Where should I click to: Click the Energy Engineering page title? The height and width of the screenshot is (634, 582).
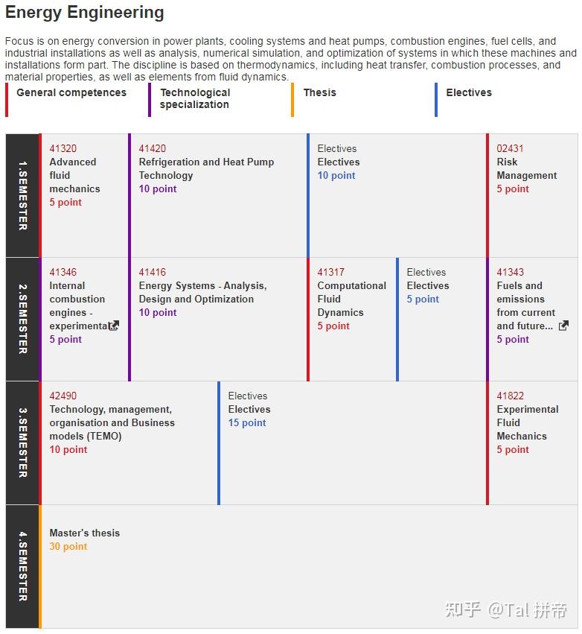point(85,13)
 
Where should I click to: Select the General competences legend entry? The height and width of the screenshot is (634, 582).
point(71,93)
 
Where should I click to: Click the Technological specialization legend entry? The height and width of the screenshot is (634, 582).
point(195,98)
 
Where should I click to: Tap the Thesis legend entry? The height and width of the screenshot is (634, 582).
point(319,93)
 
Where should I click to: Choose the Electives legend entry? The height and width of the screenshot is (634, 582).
point(469,93)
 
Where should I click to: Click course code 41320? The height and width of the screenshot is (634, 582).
point(63,149)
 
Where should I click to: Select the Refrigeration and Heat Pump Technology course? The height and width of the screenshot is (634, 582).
point(206,168)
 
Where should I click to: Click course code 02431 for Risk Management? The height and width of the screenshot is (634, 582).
point(510,149)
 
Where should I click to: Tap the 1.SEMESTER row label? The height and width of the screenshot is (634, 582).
point(22,195)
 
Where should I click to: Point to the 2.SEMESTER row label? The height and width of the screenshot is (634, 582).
point(22,319)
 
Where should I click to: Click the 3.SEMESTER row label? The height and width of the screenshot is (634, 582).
point(22,443)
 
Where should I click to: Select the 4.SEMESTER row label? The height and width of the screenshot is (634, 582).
point(22,566)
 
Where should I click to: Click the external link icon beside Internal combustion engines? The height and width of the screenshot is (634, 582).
point(114,326)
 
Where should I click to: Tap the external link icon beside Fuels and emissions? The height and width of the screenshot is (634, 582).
point(563,326)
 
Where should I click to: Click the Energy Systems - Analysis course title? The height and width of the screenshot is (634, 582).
point(202,292)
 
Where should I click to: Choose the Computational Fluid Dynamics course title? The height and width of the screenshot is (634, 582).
point(351,299)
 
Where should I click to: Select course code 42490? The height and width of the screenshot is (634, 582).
point(63,396)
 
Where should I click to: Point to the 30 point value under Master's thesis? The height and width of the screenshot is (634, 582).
point(68,547)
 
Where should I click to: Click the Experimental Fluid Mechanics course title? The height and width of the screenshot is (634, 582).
point(527,422)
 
